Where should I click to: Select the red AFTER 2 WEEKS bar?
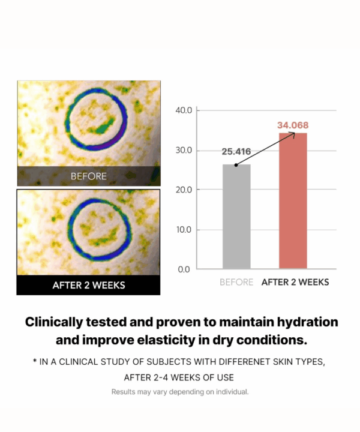coord(293,201)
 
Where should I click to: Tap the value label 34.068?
coord(293,125)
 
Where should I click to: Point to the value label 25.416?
coord(236,152)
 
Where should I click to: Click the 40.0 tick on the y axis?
coord(183,110)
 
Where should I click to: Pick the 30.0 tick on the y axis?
coord(183,150)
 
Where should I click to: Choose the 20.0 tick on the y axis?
coord(183,190)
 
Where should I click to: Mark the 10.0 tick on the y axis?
coord(183,230)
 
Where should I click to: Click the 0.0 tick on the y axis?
coord(184,269)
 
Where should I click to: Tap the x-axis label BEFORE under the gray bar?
coord(236,282)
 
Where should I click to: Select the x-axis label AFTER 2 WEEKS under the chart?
coord(295,282)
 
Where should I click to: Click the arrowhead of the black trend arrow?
coord(294,134)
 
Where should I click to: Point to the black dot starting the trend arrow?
coord(236,165)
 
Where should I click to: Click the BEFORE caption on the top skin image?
coord(89,176)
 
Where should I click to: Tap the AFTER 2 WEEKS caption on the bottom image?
coord(89,285)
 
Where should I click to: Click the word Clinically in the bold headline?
coord(55,322)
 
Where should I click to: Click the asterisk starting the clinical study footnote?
coord(35,362)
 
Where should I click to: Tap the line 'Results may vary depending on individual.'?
coord(180,392)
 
